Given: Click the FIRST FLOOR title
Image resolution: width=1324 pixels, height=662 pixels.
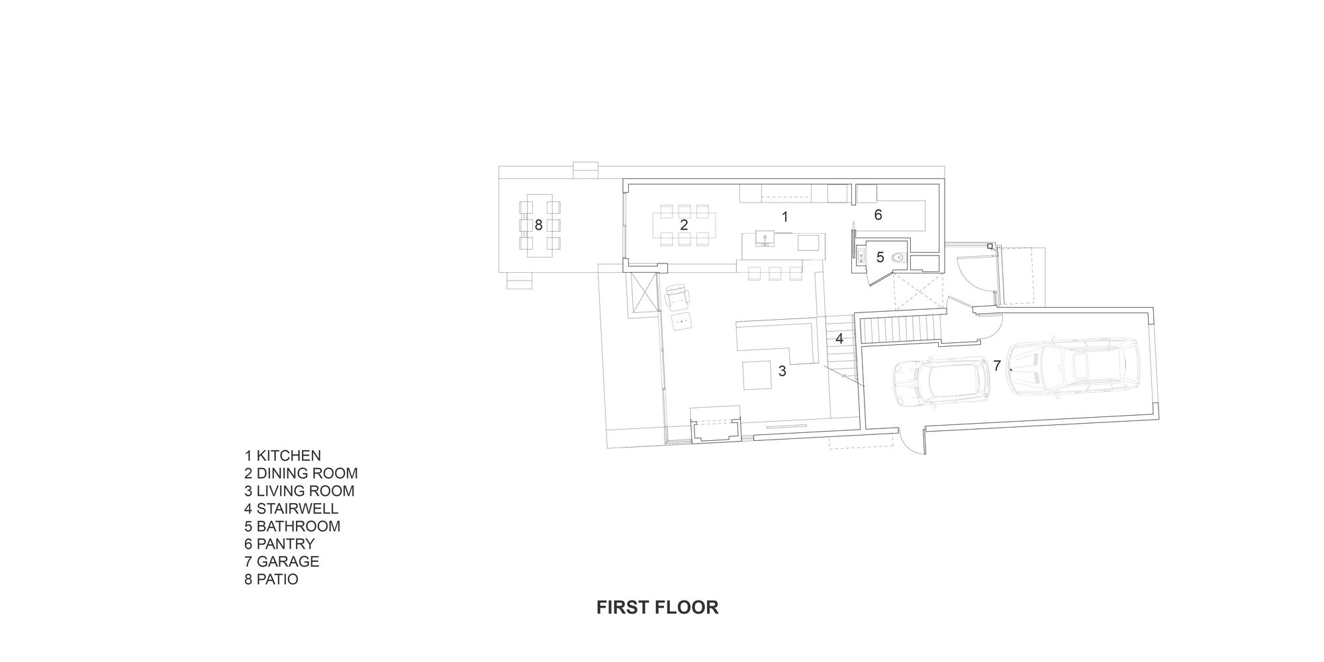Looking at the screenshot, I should pos(657,607).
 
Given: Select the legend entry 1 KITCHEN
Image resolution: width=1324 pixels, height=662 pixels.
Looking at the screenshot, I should pos(283,455).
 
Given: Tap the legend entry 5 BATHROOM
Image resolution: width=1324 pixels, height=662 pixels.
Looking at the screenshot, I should pos(292,526).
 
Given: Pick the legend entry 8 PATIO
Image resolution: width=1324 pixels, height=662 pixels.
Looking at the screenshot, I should pos(271,579).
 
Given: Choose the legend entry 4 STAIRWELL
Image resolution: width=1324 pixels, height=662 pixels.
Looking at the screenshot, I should pos(291,508).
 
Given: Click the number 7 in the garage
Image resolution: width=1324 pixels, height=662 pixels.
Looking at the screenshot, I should pos(996,365).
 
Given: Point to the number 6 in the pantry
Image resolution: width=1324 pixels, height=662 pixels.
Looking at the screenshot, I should pos(878,214).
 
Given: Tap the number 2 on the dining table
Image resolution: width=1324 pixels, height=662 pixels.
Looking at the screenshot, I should pos(684,225).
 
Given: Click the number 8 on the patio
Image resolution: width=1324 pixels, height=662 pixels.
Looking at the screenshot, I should pos(538,225).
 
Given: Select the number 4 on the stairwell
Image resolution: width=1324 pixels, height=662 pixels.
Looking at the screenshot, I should pos(839,339).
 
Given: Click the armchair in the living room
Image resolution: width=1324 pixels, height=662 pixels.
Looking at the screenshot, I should pos(677,298).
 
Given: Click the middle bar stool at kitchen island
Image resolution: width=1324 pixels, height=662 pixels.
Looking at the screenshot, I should pos(775,273).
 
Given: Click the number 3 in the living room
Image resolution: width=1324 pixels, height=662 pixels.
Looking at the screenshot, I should pos(782,371).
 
